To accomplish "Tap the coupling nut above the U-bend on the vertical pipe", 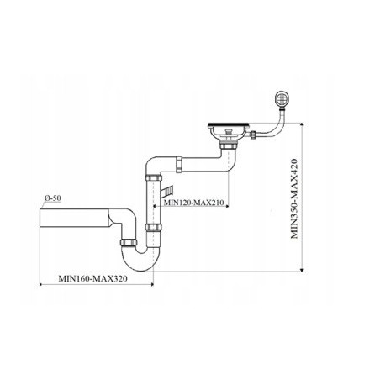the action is coord(153,227).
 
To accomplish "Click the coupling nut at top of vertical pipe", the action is coord(153,178).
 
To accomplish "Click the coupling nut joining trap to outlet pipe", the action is coord(130,242).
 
